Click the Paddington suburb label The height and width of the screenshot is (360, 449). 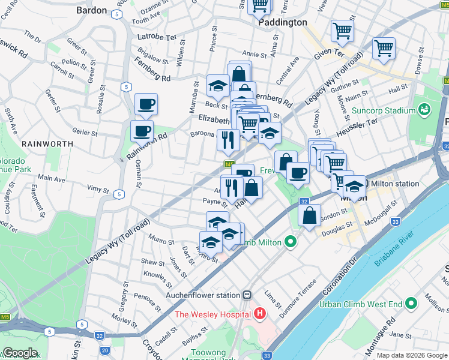tap(283, 22)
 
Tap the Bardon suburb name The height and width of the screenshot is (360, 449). tap(92, 10)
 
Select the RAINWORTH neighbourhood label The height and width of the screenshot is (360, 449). tap(47, 144)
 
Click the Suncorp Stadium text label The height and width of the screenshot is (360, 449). tap(384, 111)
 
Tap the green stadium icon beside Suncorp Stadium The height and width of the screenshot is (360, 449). tap(424, 110)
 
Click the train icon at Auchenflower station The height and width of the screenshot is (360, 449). tap(247, 295)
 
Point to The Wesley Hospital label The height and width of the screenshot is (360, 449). tap(213, 314)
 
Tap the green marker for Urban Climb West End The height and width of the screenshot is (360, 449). tap(411, 304)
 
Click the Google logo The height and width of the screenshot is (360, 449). tap(20, 353)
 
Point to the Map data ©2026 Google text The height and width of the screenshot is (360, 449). tap(412, 355)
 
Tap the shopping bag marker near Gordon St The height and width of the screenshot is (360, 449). tap(309, 216)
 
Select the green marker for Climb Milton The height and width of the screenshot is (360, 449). tap(291, 242)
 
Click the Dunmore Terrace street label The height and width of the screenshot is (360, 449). tap(304, 292)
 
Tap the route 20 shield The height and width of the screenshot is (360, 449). tap(104, 350)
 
